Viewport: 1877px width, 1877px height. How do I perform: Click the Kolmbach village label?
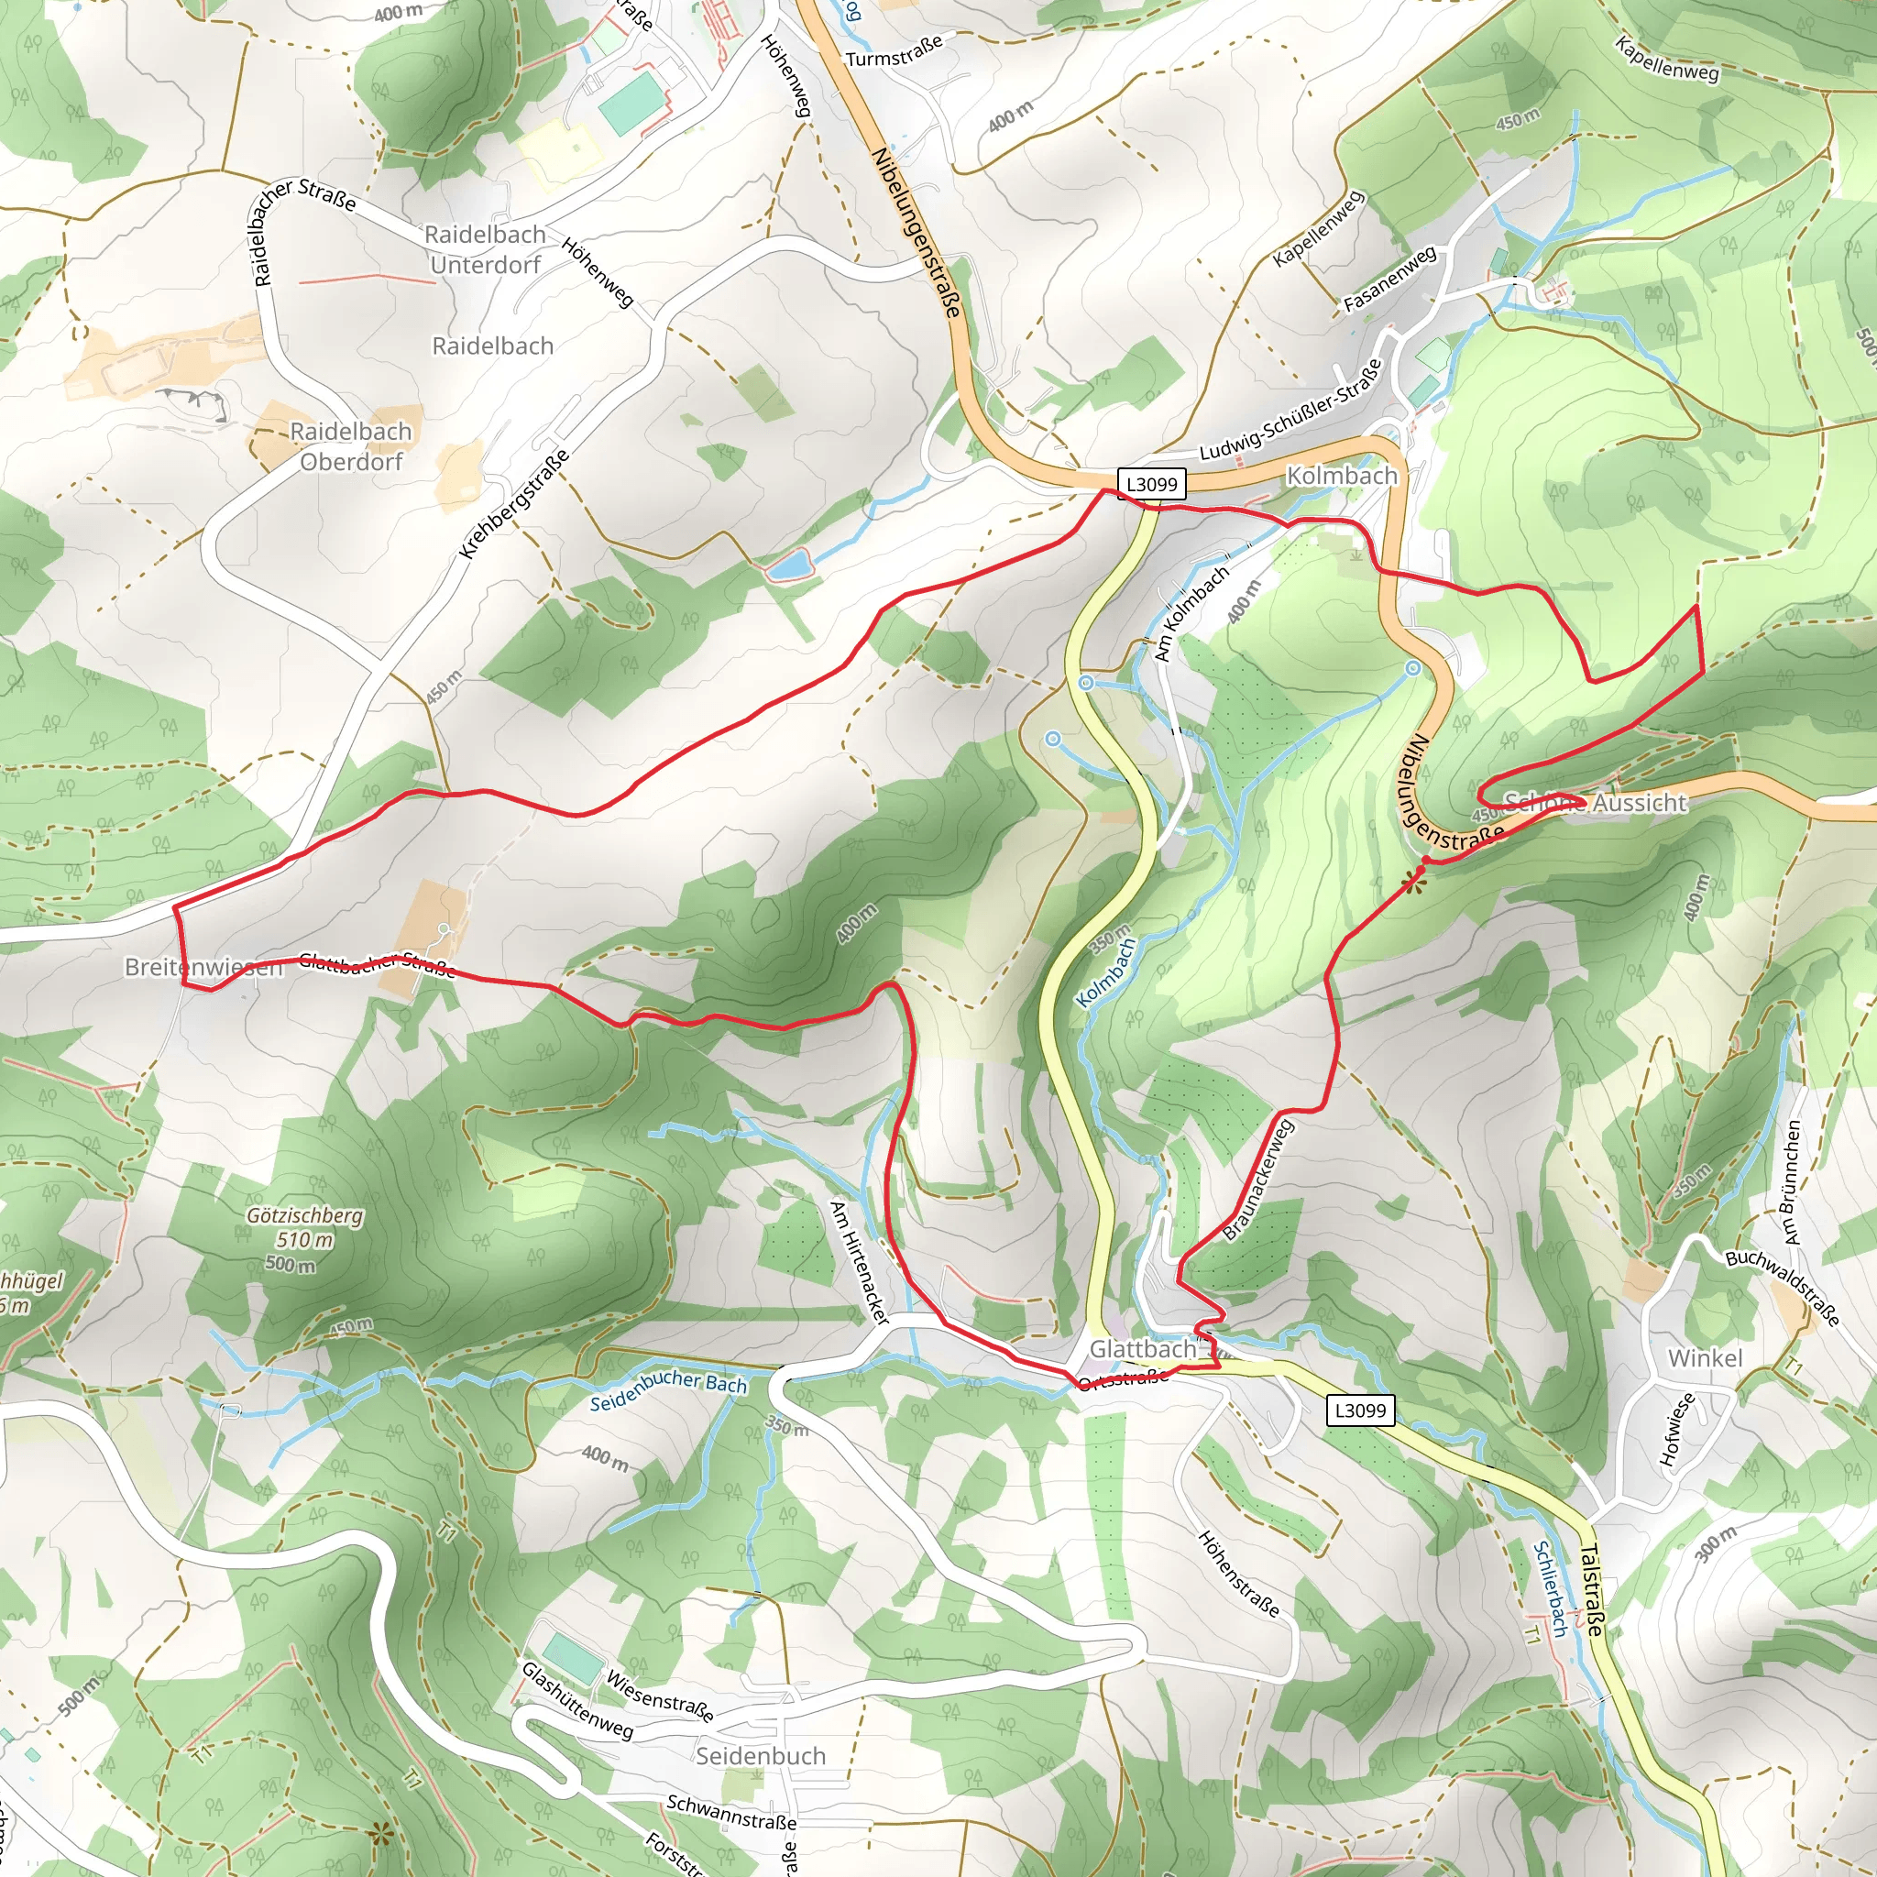tap(1342, 475)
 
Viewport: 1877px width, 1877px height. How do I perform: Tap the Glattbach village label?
tap(1143, 1349)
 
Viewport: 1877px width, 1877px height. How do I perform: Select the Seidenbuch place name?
tap(761, 1755)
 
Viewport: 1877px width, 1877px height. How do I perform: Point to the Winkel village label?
tap(1705, 1358)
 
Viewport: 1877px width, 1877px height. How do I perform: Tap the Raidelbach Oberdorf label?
tap(351, 446)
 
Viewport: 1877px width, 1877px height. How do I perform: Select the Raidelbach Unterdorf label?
tap(485, 249)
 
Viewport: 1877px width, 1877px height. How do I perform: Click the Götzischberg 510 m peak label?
tap(304, 1229)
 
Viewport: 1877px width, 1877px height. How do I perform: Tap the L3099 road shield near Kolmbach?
tap(1151, 483)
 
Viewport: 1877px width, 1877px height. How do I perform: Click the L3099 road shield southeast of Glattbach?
tap(1360, 1410)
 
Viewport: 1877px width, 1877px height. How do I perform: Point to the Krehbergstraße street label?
tap(514, 505)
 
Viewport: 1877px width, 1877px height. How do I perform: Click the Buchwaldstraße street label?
tap(1782, 1288)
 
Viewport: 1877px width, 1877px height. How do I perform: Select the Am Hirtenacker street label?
tap(859, 1262)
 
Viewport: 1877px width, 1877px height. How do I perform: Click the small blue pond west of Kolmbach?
tap(787, 565)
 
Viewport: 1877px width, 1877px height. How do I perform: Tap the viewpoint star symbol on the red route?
tap(1413, 884)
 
